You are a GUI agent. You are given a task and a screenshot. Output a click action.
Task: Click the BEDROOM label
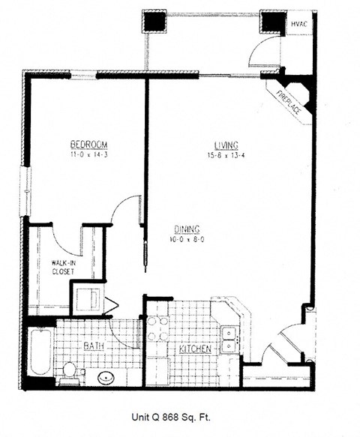click(90, 144)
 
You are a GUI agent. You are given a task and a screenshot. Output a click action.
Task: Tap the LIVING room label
click(225, 145)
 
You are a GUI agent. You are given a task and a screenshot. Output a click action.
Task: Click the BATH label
click(94, 346)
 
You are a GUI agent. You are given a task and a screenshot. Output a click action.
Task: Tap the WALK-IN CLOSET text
click(63, 268)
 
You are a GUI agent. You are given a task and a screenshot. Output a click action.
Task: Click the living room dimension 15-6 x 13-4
click(225, 155)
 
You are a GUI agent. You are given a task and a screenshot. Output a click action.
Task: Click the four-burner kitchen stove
click(157, 328)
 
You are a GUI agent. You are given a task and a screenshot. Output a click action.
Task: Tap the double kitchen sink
click(229, 338)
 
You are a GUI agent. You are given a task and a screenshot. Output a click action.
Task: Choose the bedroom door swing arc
click(124, 210)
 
